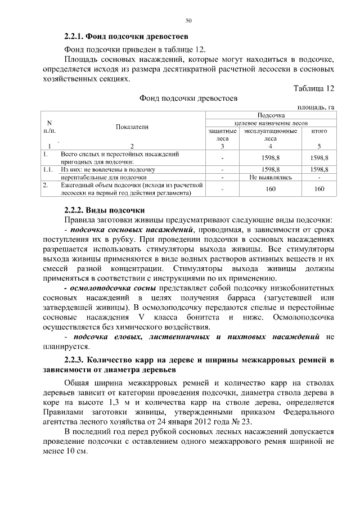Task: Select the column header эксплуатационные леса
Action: tap(270, 134)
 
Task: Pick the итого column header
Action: tap(319, 130)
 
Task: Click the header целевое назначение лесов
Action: tap(271, 122)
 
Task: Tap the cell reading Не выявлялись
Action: tap(270, 177)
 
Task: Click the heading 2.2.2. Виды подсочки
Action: tap(105, 209)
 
